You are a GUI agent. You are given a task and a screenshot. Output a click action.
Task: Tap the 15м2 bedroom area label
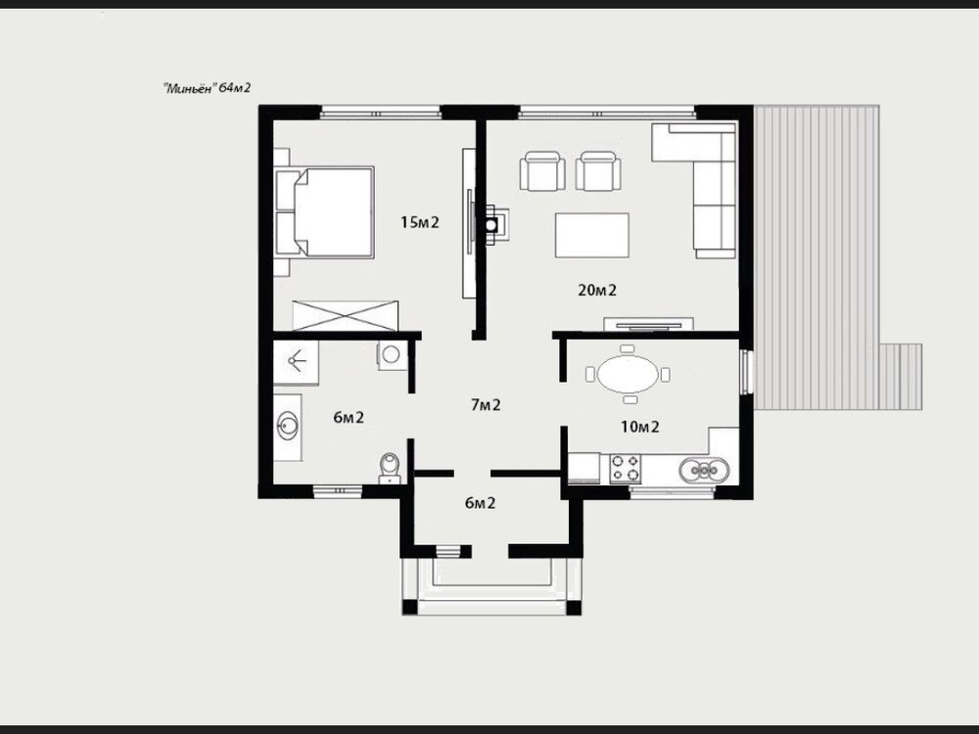pos(419,222)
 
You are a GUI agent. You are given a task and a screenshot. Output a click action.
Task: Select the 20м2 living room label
pos(596,289)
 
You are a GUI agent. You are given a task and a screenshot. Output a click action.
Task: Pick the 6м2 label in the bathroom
pos(349,418)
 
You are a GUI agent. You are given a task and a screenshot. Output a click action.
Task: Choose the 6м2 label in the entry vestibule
pos(479,503)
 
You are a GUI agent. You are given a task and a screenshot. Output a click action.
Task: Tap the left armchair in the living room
pos(544,172)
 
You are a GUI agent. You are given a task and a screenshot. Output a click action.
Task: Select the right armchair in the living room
pos(596,172)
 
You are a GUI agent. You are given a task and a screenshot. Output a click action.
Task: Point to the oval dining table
pos(628,374)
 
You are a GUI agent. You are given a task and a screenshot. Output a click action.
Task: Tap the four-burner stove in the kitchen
pos(626,469)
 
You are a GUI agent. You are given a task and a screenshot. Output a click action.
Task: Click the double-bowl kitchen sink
pos(705,470)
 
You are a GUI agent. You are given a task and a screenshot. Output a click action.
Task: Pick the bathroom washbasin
pos(289,427)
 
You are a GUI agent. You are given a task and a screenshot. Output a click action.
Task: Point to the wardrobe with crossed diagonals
pos(348,316)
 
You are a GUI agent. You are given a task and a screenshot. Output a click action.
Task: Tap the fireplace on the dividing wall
pos(491,223)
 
